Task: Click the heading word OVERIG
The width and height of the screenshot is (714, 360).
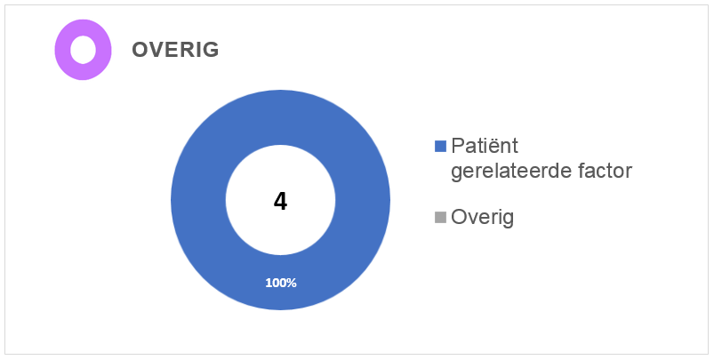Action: tap(175, 50)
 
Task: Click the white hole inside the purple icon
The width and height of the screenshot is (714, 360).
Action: tap(84, 50)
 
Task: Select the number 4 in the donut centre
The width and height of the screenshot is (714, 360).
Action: tap(280, 202)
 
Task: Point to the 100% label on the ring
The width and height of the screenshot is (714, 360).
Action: tap(281, 283)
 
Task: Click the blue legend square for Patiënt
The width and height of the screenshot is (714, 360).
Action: tap(440, 146)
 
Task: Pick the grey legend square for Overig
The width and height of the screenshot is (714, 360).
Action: tap(440, 218)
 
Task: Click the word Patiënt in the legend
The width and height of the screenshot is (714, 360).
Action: tap(485, 146)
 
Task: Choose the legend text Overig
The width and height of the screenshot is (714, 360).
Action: tap(482, 218)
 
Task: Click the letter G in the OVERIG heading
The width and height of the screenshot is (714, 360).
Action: tap(211, 50)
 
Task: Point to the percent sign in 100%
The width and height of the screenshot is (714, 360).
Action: tap(292, 283)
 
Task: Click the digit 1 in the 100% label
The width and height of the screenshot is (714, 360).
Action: tap(269, 283)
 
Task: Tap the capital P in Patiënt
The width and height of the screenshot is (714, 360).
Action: tap(457, 146)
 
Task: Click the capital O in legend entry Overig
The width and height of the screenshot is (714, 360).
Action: tap(459, 218)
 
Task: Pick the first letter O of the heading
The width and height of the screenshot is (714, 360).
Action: tap(140, 50)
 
